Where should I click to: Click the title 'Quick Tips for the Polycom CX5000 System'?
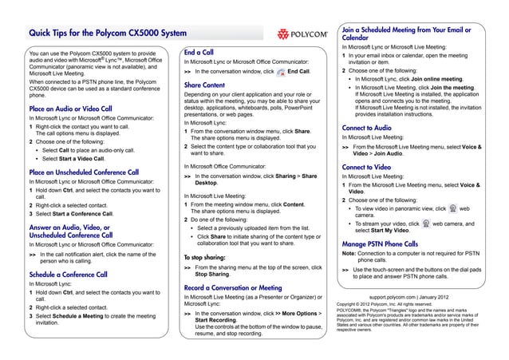coord(107,34)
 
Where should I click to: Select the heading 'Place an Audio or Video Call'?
coord(70,109)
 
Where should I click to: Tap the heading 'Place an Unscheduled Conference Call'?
coord(84,172)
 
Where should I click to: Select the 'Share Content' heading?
coord(204,85)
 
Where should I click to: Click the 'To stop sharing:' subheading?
coord(205,258)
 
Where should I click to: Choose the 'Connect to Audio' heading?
coord(366,128)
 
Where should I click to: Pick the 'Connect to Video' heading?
coord(366,166)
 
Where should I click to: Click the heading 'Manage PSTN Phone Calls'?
coord(380,243)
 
